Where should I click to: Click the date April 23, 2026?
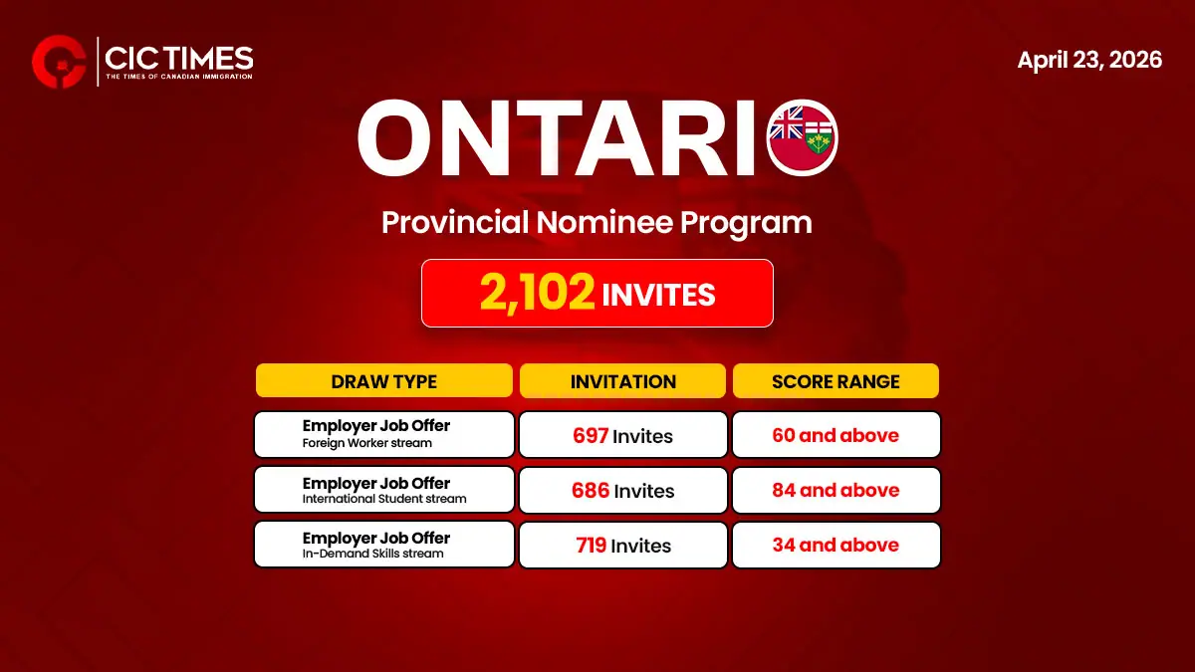click(1089, 60)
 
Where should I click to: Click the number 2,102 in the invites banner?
click(538, 294)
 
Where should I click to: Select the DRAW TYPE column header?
click(384, 381)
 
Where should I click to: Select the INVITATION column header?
click(622, 381)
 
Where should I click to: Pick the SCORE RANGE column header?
click(836, 381)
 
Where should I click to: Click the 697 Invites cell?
click(622, 435)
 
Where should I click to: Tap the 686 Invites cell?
click(622, 491)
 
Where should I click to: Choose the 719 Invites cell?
click(622, 546)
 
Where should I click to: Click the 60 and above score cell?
click(836, 435)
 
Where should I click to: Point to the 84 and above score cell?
click(836, 490)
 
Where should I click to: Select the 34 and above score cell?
click(836, 545)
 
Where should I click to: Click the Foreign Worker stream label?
click(367, 443)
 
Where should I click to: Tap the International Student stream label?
click(384, 499)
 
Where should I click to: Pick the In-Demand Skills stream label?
click(373, 554)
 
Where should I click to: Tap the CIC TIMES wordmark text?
click(179, 57)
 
